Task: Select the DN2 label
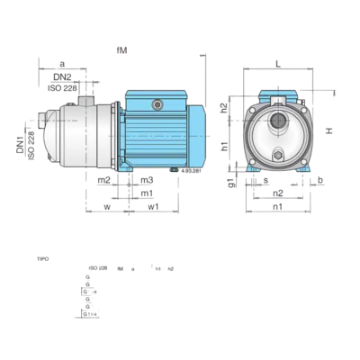coord(61,78)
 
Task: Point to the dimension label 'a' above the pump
coord(61,65)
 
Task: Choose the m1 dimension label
coord(146,193)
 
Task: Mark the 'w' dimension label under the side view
coord(107,207)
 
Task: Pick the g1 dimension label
coord(231,183)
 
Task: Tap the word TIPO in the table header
coord(42,258)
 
